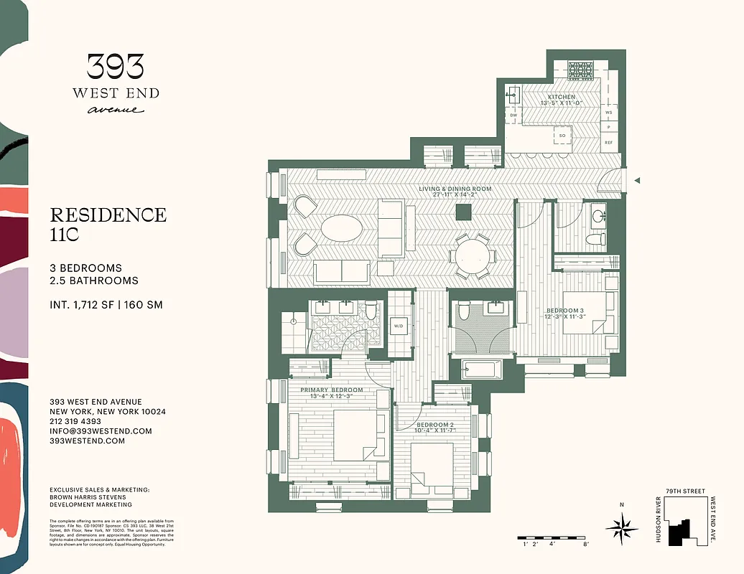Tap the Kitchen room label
[x=561, y=97]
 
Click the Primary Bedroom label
[x=331, y=390]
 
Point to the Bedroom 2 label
[x=436, y=425]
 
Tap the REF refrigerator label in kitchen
[x=608, y=143]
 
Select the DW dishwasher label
[x=513, y=115]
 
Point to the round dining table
[x=473, y=255]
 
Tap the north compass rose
[x=621, y=530]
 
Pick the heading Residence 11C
[x=108, y=224]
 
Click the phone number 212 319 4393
[x=75, y=421]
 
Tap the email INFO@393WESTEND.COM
[x=101, y=431]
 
